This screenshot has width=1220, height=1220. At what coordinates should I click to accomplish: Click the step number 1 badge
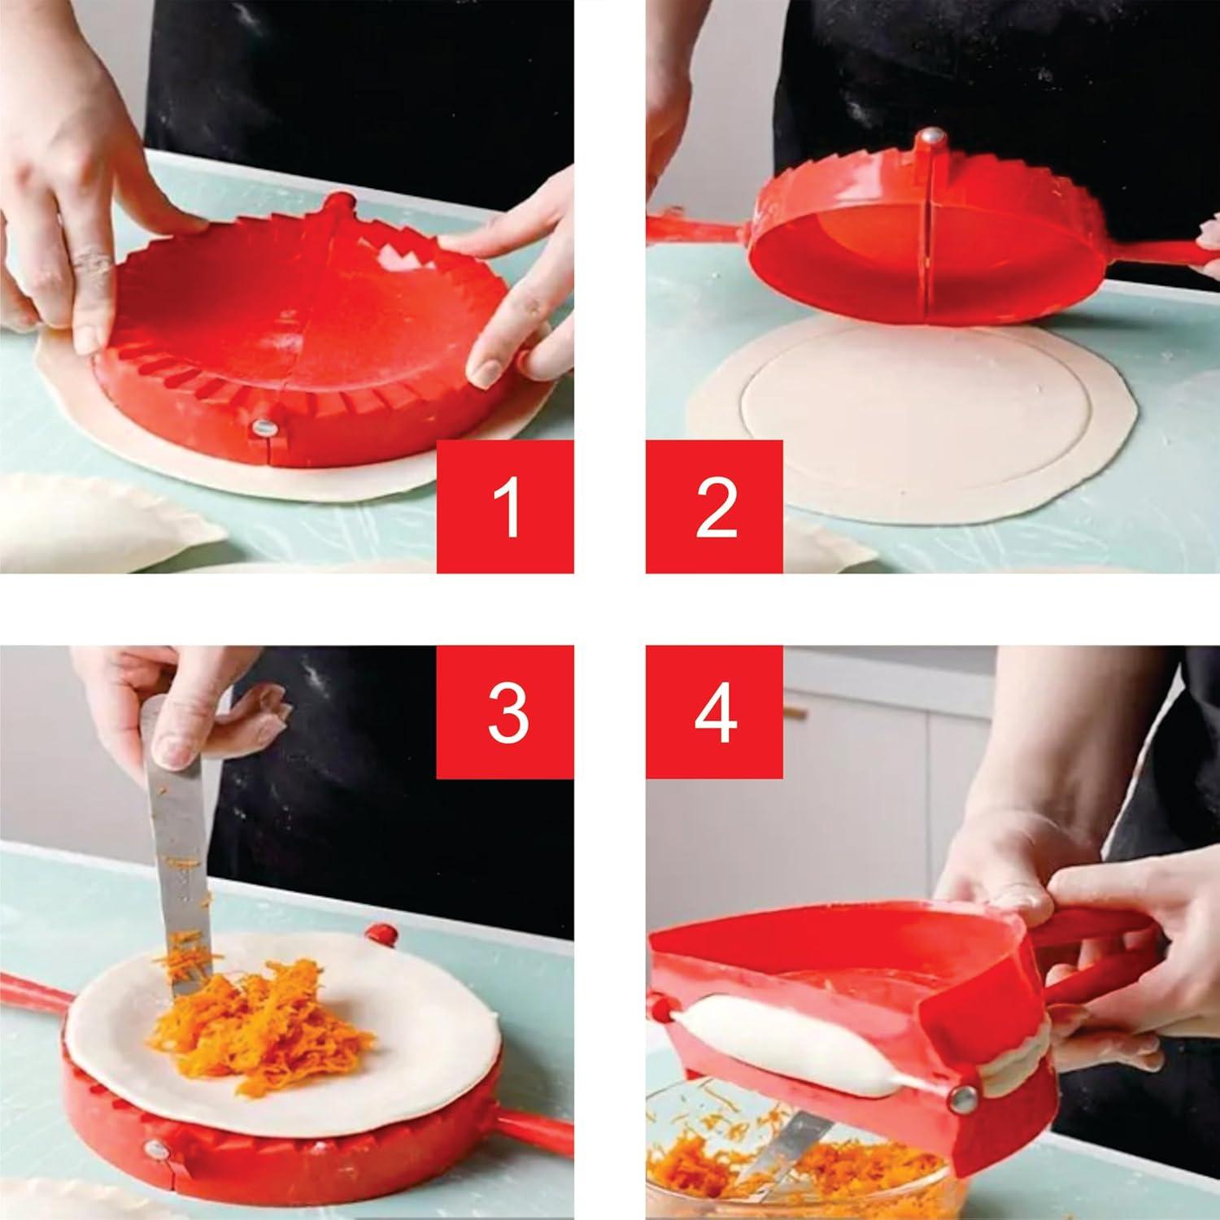coord(505,507)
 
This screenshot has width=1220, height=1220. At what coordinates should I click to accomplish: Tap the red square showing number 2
coord(714,507)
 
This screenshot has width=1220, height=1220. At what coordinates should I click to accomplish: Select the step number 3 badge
coord(505,712)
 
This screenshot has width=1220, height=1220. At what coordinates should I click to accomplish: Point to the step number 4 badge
coord(714,712)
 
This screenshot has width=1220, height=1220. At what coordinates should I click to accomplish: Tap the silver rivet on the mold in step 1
coord(263,426)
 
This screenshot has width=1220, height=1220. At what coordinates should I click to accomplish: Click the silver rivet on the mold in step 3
coord(152,1148)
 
